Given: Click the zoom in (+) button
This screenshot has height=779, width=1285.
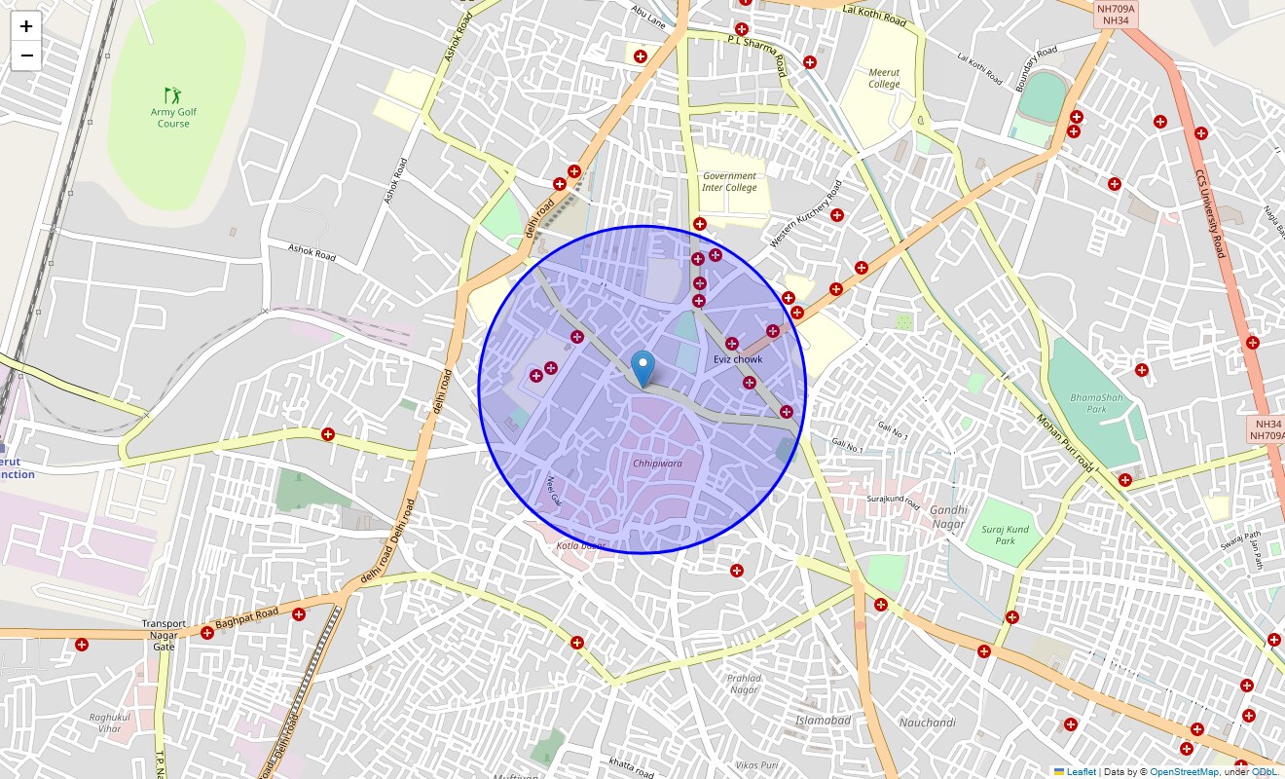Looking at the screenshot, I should (x=26, y=26).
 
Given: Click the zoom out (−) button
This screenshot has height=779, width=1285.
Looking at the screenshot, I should (x=26, y=56).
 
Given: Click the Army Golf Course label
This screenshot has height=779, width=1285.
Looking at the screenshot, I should (x=173, y=118).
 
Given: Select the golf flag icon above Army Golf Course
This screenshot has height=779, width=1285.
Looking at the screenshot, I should (x=173, y=94).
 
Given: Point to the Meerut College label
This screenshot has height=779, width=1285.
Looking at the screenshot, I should (x=885, y=78).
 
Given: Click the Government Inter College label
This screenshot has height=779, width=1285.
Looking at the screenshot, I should (x=729, y=182).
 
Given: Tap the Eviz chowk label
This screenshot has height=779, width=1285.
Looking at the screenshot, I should (x=738, y=359).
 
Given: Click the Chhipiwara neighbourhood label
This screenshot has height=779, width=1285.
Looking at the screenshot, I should (x=657, y=464).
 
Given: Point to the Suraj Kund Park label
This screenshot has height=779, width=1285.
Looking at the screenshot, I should (x=1006, y=536).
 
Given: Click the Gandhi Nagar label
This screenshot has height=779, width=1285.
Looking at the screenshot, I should (x=948, y=517).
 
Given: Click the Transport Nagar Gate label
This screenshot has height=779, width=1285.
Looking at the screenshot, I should (x=164, y=635).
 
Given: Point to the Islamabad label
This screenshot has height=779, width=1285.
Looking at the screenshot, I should (x=823, y=721).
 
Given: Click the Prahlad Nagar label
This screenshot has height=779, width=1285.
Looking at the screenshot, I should (x=745, y=684).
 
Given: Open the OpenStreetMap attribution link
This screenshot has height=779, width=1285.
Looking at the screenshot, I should (x=1184, y=772).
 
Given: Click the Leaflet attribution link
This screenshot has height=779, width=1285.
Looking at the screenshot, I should (x=1081, y=772).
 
